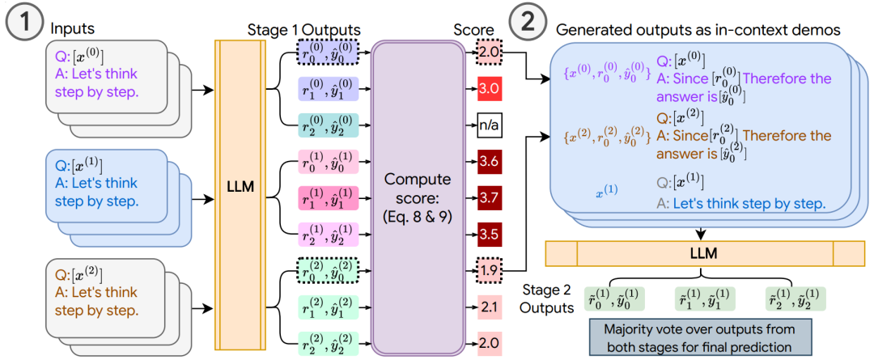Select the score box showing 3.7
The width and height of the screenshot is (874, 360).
coord(489,197)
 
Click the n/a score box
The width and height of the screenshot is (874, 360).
coord(489,126)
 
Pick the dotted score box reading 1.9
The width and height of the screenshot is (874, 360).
coord(489,269)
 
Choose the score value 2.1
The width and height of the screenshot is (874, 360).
coord(489,305)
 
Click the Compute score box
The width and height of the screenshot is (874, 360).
coord(418,198)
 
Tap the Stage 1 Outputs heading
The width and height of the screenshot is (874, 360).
coord(304,29)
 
